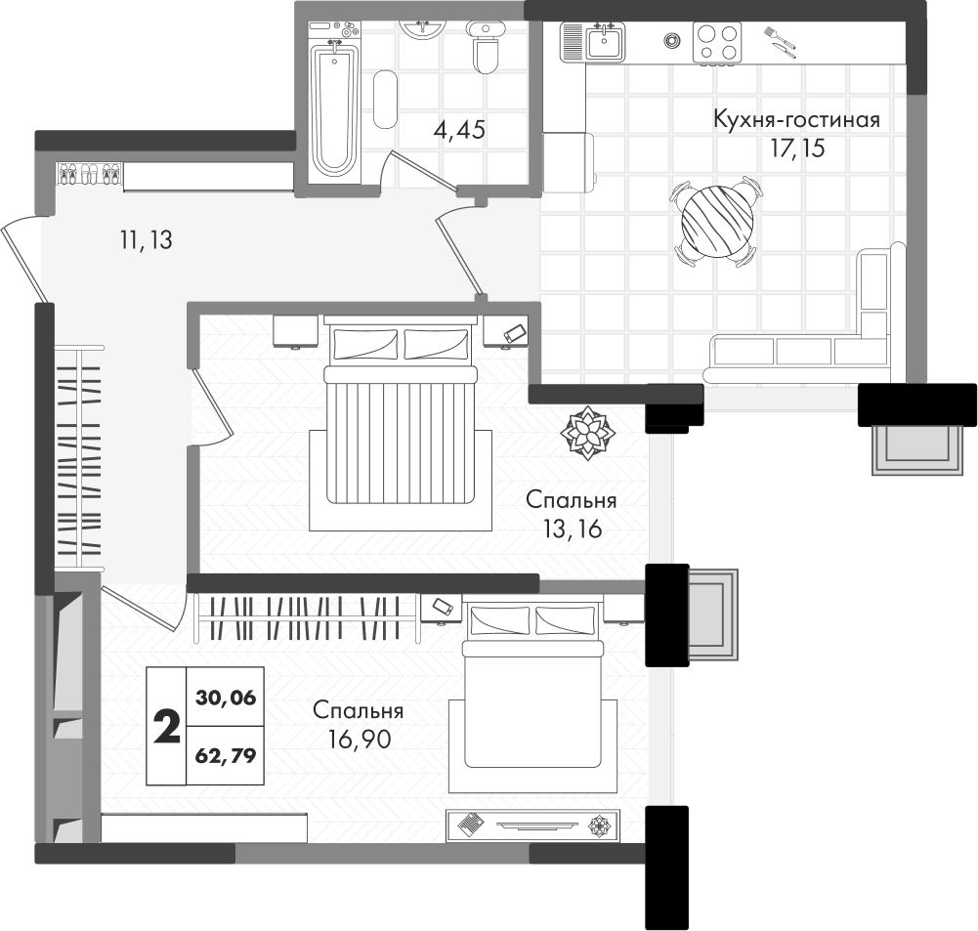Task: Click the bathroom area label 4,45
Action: coord(459,130)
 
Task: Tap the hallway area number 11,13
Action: coord(146,239)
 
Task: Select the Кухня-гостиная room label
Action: coord(796,118)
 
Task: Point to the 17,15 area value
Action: coord(798,148)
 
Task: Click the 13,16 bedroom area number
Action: coord(572,529)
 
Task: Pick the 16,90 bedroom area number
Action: coord(360,739)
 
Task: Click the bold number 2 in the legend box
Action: coord(166,727)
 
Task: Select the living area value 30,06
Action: coord(226,698)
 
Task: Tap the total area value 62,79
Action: coord(226,756)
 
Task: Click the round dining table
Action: coord(716,222)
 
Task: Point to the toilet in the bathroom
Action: coord(484,47)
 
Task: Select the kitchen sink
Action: coord(603,42)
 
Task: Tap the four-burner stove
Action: coord(717,42)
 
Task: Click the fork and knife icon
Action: coord(781,42)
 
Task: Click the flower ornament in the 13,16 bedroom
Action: coord(588,432)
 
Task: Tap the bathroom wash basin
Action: coord(423,28)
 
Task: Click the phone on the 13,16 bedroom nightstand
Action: coord(515,332)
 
